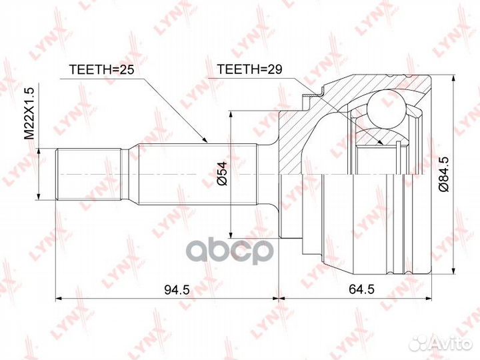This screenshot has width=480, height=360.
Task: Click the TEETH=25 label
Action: pyautogui.click(x=101, y=70)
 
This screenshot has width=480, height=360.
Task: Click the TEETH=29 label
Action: pyautogui.click(x=249, y=69)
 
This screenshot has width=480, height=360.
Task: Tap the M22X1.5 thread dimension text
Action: pyautogui.click(x=30, y=113)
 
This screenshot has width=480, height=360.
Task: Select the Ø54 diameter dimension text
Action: pyautogui.click(x=222, y=173)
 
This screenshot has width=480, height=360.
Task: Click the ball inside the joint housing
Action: pyautogui.click(x=386, y=109)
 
